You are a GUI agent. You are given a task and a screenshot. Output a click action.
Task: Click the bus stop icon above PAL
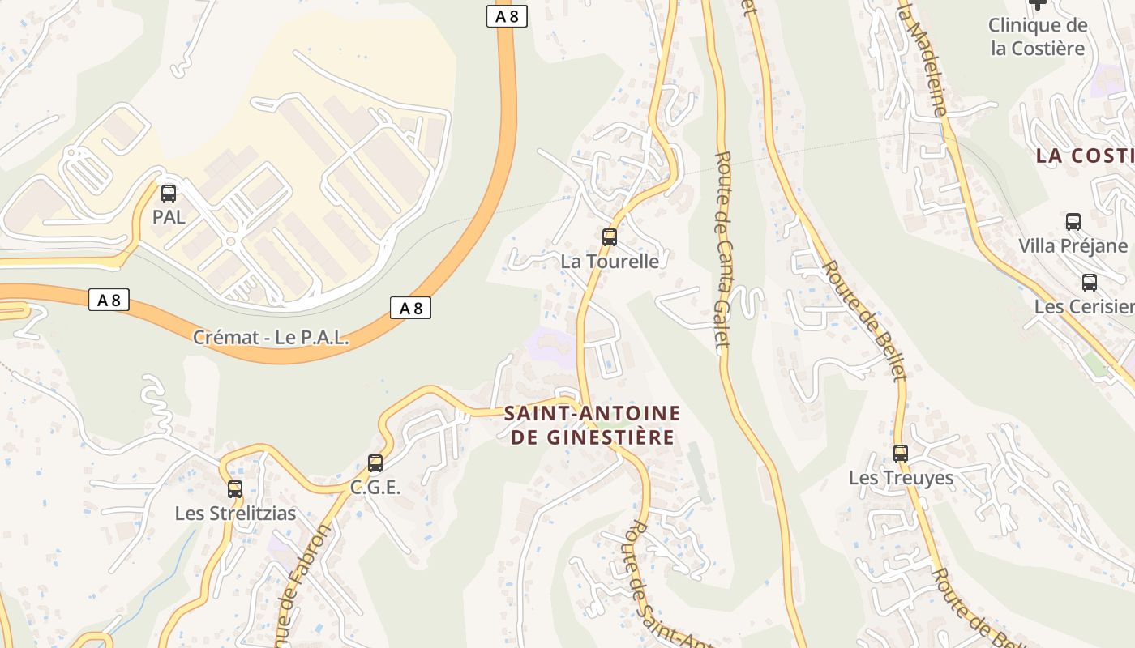click(169, 194)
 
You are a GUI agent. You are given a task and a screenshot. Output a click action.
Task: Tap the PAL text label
click(169, 217)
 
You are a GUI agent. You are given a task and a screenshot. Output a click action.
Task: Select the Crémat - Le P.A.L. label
click(271, 338)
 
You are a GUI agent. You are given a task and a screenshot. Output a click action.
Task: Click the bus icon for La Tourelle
click(610, 237)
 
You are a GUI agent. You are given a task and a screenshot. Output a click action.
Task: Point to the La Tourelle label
click(610, 262)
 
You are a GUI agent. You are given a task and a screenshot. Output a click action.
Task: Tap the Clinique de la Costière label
click(1037, 37)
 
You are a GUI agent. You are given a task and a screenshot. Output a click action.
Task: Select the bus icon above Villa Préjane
click(1073, 221)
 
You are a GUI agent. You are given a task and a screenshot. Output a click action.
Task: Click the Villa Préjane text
click(1073, 245)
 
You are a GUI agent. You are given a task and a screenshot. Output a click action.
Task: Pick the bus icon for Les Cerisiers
click(1090, 283)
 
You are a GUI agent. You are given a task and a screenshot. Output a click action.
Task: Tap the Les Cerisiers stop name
click(1085, 307)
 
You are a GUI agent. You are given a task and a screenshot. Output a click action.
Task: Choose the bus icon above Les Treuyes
click(901, 454)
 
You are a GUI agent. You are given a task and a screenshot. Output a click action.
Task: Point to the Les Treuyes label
click(901, 478)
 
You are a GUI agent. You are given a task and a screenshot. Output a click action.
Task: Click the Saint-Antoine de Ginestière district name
click(592, 425)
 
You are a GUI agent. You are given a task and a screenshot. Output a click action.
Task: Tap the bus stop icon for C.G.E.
click(375, 463)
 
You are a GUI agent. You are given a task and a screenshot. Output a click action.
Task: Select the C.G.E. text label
click(375, 488)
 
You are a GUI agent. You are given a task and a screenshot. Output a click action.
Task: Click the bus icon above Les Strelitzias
click(235, 489)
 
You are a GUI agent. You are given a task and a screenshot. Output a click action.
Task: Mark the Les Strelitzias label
click(235, 514)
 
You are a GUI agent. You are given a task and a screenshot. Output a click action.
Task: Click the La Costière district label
click(1085, 156)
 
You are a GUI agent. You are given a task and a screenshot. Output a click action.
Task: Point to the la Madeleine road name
click(922, 57)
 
